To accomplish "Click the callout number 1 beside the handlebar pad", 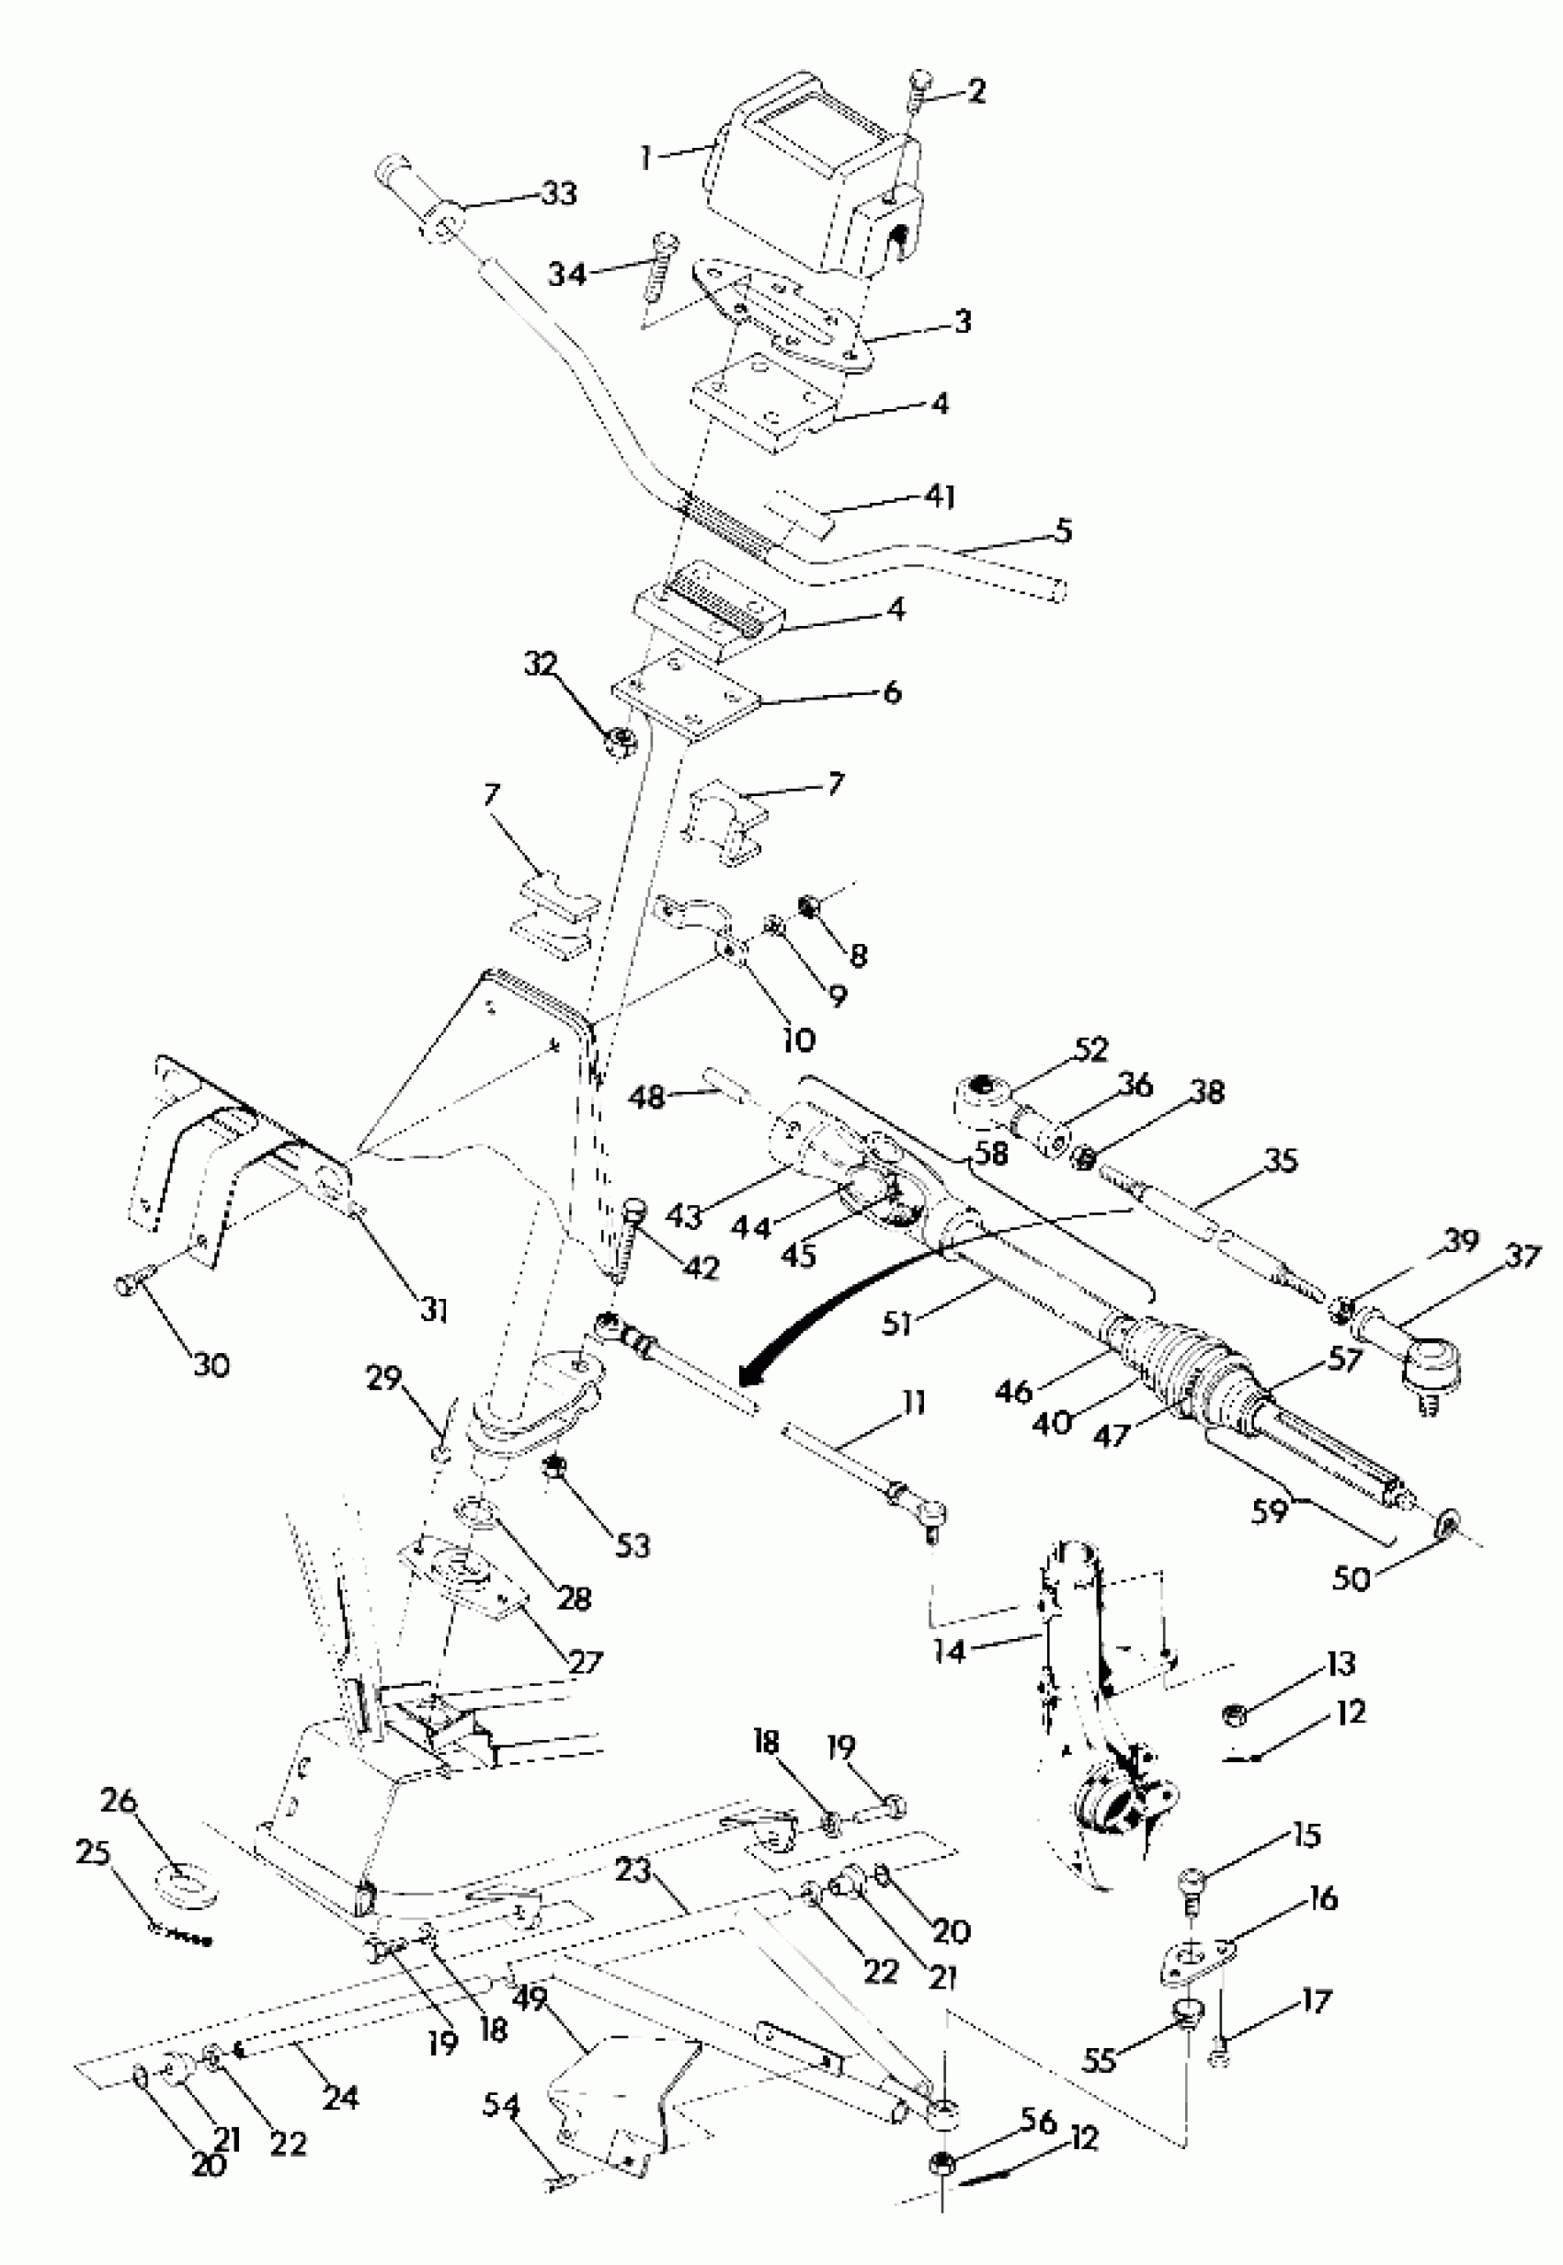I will [x=646, y=156].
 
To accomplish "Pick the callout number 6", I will [x=890, y=692].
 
